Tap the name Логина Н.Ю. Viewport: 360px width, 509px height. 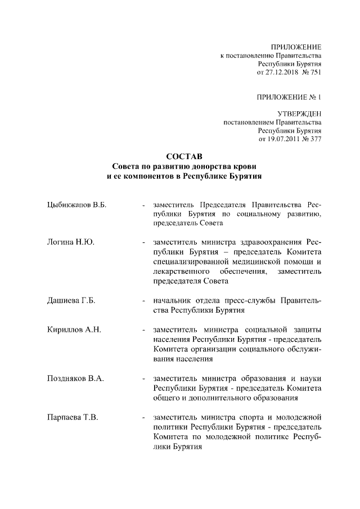[x=70, y=242]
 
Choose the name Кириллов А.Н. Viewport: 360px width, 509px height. [x=73, y=330]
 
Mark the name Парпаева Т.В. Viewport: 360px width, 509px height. [x=73, y=417]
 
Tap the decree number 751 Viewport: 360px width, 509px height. [x=315, y=73]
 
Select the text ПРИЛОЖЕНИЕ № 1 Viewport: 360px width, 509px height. [x=289, y=97]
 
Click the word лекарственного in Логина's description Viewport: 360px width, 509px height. [x=181, y=272]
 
